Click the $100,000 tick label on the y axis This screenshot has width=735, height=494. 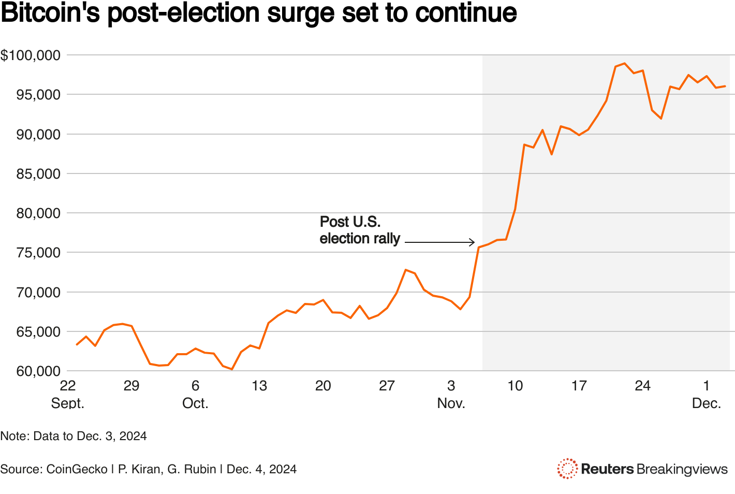(x=31, y=55)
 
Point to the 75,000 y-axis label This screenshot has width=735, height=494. (x=38, y=253)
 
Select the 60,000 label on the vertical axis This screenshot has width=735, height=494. (x=38, y=371)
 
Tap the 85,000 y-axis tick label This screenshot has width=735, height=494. (x=38, y=174)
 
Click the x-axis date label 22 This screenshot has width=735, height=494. (x=68, y=386)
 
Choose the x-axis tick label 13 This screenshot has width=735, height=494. (x=259, y=386)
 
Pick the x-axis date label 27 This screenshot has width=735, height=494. (x=387, y=386)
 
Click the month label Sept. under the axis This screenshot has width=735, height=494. (x=68, y=403)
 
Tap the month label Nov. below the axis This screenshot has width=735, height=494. (x=451, y=403)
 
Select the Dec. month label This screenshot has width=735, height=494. (x=707, y=403)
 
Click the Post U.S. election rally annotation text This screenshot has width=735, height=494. (x=360, y=230)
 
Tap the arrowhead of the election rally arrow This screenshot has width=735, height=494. (x=472, y=242)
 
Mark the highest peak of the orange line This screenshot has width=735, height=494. (x=624, y=63)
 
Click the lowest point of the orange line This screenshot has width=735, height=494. (x=232, y=369)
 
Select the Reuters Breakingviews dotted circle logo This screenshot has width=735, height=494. (x=567, y=469)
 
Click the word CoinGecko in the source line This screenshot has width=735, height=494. (x=77, y=469)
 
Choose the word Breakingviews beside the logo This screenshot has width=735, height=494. (x=682, y=469)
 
